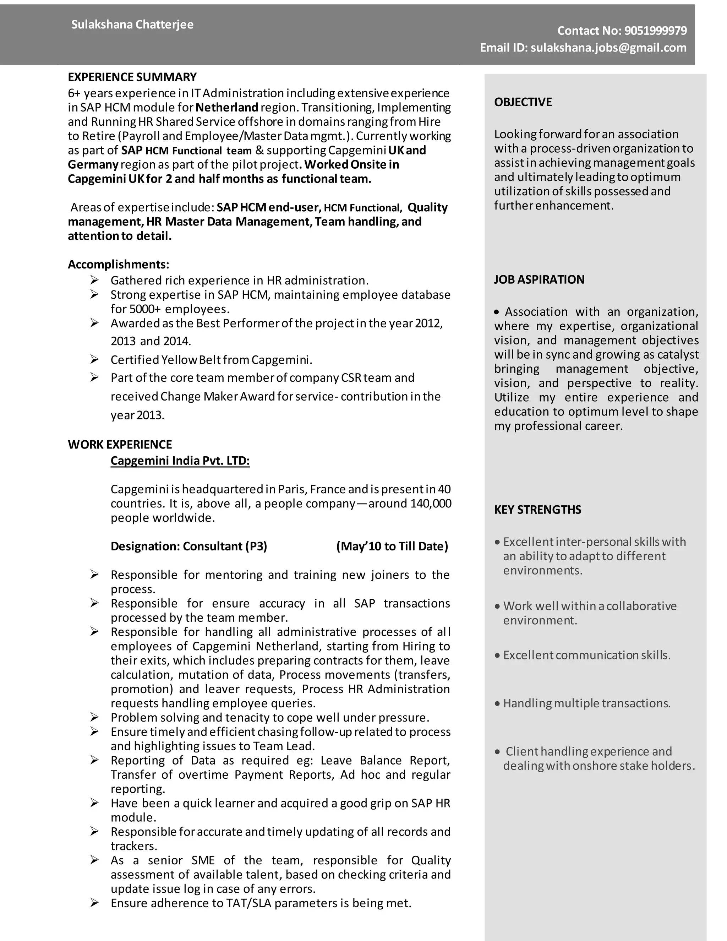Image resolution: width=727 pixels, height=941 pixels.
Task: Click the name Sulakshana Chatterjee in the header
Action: click(x=132, y=25)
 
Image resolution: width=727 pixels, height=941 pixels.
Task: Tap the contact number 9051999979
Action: click(x=655, y=31)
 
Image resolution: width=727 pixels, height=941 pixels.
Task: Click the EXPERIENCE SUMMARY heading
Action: click(x=132, y=77)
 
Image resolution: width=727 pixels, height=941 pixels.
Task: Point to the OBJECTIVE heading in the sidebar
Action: click(x=523, y=102)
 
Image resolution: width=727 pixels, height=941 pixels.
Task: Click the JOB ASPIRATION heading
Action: click(x=539, y=279)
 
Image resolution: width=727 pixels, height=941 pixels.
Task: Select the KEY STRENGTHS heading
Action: click(x=537, y=510)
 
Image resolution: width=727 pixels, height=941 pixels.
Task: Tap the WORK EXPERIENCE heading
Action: click(x=120, y=445)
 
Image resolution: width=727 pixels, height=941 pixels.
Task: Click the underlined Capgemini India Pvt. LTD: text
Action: click(x=180, y=461)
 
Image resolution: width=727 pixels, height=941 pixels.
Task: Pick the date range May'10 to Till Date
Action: click(x=392, y=546)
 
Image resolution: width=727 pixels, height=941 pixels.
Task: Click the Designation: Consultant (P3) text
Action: click(x=188, y=546)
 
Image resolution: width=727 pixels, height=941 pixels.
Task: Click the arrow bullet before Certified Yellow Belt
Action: click(x=95, y=359)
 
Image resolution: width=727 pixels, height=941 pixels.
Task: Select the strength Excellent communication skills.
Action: click(x=586, y=656)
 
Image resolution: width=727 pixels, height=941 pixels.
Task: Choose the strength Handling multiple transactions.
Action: click(x=586, y=703)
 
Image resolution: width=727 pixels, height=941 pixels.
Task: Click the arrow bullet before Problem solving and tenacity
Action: click(x=95, y=717)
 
